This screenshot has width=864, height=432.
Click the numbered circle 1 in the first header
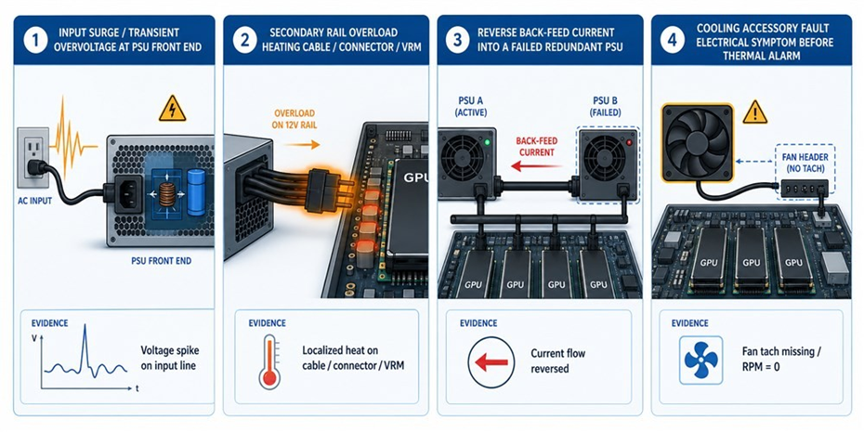coord(36,41)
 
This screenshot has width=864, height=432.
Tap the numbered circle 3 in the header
coord(456,41)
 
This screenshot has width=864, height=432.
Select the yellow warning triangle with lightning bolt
coord(173,111)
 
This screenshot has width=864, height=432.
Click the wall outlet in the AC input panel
coord(33,154)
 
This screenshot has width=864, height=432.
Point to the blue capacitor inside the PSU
coord(196,192)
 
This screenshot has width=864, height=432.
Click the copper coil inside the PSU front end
coord(166,194)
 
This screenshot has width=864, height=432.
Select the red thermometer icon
coord(268,360)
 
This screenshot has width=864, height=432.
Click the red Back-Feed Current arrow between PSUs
coord(537,165)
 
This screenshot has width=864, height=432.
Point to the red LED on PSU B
coord(628,143)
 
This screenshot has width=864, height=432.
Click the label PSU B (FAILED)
coord(609,105)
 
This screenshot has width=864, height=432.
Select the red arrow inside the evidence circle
coord(491,362)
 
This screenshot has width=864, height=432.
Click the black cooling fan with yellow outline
coord(698,143)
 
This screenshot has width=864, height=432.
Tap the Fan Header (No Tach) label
coord(805,163)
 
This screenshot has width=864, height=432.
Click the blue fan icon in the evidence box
coord(700,360)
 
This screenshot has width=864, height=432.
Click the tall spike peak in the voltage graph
coord(85,326)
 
